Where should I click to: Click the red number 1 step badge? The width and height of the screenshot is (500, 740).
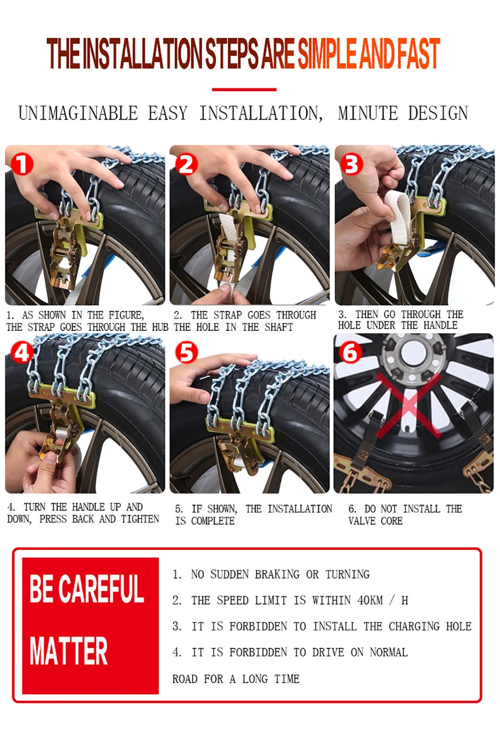[x=22, y=164]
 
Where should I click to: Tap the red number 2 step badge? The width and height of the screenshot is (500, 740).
[x=186, y=164]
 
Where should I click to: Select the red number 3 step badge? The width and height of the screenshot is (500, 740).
[x=351, y=164]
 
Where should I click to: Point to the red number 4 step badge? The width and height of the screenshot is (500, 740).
[x=22, y=352]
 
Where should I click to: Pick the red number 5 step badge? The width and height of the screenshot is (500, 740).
[x=186, y=352]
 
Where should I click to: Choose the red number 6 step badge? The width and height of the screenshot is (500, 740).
[x=350, y=352]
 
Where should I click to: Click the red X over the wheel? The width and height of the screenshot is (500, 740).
[x=408, y=406]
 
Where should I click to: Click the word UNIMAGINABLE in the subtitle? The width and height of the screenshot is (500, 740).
[x=78, y=113]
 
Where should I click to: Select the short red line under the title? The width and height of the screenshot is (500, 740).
[x=244, y=89]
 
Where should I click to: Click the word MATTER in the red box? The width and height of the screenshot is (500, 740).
[x=68, y=650]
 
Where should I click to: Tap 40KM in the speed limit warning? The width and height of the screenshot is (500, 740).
[x=370, y=600]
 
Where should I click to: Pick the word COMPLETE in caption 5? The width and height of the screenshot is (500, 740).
[x=213, y=521]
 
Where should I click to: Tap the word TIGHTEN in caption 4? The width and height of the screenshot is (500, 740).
[x=140, y=519]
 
